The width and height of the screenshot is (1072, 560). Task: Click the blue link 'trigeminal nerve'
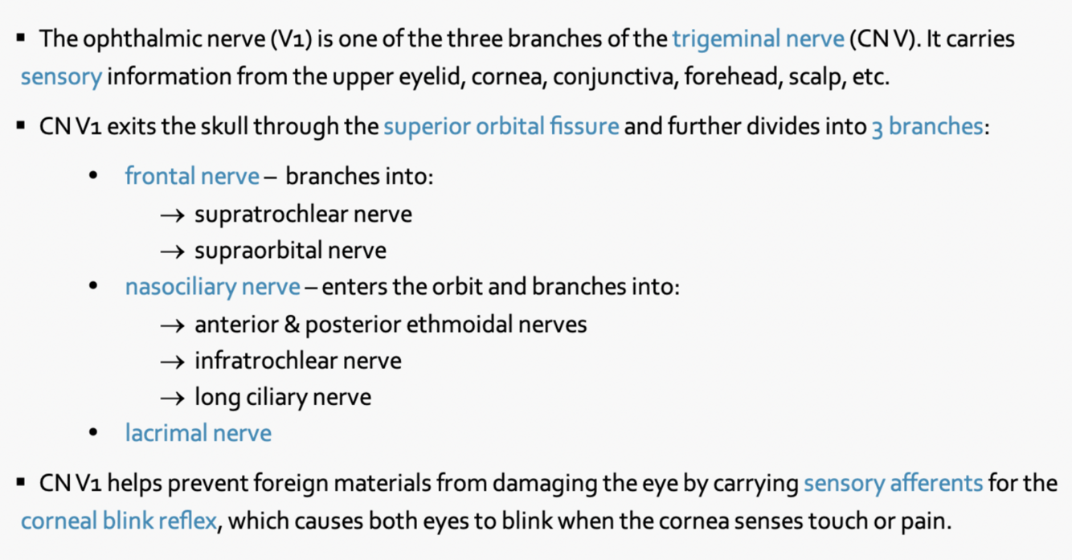coord(758,39)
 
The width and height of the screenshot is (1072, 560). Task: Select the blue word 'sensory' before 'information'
coord(61,78)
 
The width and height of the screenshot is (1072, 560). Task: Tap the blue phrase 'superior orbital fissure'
coord(501,127)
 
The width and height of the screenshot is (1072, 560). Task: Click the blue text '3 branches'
coord(927,127)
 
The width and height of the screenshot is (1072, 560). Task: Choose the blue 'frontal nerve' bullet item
coord(192,176)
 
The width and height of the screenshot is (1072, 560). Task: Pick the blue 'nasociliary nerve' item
coord(213,287)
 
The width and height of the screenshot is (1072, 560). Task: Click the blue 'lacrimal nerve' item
coord(198,434)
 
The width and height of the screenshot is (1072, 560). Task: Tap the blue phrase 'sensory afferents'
coord(893,483)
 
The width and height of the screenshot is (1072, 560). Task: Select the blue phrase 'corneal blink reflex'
coord(119,521)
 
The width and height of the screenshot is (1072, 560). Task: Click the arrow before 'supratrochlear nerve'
coord(173,215)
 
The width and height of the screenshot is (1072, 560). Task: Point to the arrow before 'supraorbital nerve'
coord(173,251)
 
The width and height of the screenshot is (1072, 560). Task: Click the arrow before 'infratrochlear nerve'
coord(173,362)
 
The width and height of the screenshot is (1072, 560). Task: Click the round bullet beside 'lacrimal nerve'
coord(95,434)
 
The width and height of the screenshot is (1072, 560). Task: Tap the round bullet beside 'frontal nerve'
coord(95,176)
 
